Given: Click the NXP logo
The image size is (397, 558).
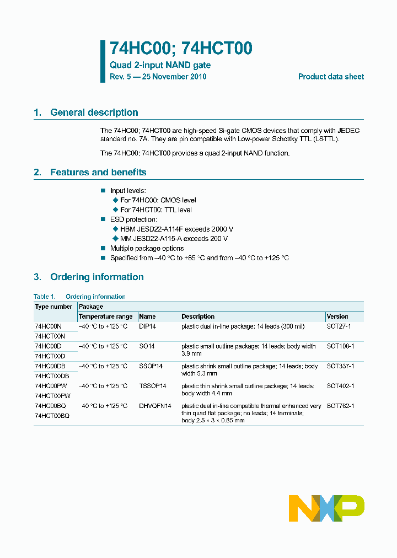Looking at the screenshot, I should coord(326,508).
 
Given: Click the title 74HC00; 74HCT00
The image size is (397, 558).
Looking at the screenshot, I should coord(181,49).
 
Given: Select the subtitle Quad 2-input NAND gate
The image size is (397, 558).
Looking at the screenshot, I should coord(160,65).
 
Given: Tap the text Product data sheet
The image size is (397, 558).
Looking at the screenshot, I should coord(331,77).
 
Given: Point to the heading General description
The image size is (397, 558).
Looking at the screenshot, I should coord(94,112).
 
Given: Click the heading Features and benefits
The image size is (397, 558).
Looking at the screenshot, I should coord(98,172).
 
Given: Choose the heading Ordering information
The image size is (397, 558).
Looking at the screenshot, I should coord(96,277).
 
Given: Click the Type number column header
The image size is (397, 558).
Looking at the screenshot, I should coord(53,307).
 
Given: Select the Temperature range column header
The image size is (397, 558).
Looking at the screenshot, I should coord(105,316).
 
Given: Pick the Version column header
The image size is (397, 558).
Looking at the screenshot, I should coord(337,316).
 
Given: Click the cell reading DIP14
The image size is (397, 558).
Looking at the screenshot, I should coord(147,326).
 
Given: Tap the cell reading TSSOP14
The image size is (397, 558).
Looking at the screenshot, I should coord(152,386).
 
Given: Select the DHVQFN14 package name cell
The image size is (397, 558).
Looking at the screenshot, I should coord(155,406).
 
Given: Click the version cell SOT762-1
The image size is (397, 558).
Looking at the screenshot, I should coord(340,406).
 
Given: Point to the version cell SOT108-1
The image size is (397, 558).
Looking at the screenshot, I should coord(340,346).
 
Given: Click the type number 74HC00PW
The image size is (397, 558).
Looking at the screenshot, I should coord(52,386).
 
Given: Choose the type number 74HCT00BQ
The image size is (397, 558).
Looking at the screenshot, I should coord(52,416).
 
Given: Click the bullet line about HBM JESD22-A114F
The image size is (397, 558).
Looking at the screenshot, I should coord(176,229).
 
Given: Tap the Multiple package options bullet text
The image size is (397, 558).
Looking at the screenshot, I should coord(147,249).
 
